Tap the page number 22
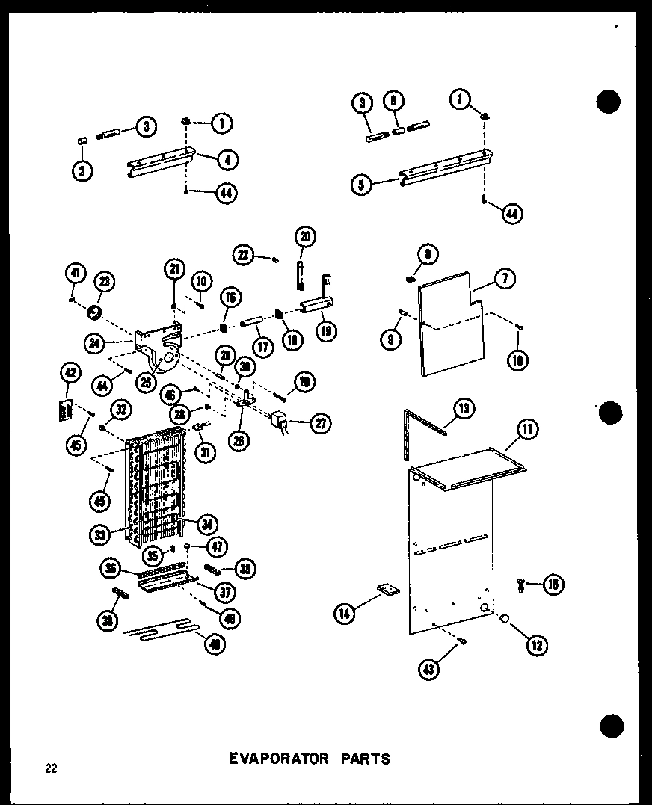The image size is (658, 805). click(49, 768)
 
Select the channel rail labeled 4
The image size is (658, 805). click(161, 164)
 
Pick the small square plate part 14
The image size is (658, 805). click(387, 590)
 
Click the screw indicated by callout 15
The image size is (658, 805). click(521, 585)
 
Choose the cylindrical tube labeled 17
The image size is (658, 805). click(250, 328)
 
